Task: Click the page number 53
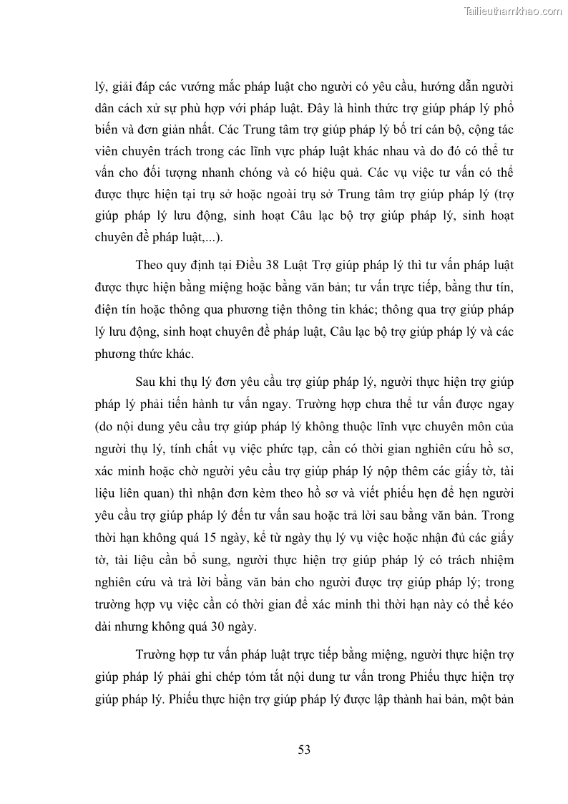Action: tap(304, 750)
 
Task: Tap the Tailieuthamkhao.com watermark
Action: tap(513, 10)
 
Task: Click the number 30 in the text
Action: tap(223, 627)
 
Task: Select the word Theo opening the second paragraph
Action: tap(150, 265)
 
